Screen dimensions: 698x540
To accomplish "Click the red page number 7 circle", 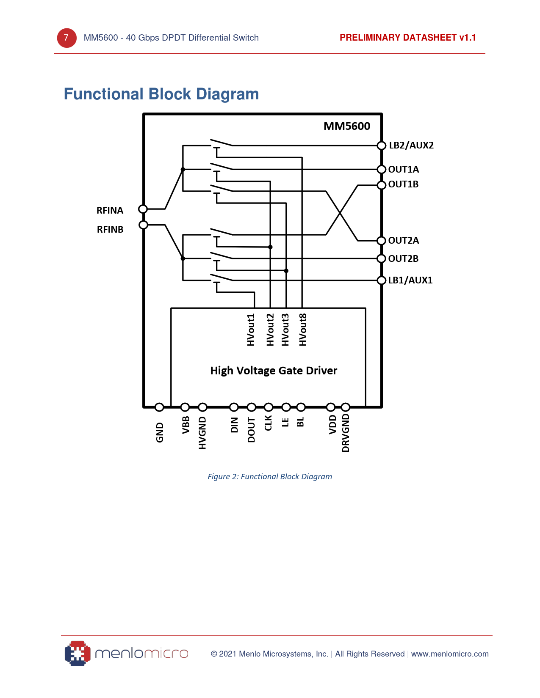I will pos(66,38).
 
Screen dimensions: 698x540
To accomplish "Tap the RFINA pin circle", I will pos(143,209).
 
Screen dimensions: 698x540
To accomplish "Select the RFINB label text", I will pos(110,229).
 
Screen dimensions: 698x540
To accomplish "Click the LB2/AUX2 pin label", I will pos(411,146).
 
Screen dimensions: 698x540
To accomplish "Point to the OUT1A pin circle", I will pos(381,170).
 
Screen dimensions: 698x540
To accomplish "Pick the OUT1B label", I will pos(403,184).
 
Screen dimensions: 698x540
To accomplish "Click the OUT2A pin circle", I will pos(381,241).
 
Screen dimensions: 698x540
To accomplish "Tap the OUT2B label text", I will pos(403,258).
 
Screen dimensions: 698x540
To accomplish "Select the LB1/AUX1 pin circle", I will pos(381,280).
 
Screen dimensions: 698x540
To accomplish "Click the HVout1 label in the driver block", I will pos(251,330).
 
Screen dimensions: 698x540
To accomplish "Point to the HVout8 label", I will pos(302,330).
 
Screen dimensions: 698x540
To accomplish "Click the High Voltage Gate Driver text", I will pos(274,371).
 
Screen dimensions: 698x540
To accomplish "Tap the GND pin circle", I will pos(159,407).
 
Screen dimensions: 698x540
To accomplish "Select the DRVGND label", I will pos(346,433).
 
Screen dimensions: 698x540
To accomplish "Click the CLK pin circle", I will pos(269,407).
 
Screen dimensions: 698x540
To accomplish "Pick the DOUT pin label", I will pos(252,430).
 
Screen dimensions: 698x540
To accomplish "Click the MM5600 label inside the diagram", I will pos(346,126).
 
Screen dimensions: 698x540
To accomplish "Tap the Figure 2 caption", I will pos(270,477).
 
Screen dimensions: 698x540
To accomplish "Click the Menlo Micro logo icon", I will pos(78,654).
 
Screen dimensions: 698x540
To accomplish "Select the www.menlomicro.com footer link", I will pos(450,654).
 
